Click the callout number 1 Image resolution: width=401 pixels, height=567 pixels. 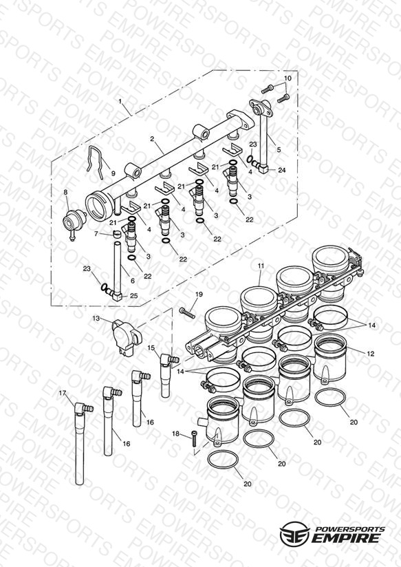[x=120, y=102]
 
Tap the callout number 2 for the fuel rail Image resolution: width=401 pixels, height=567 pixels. [x=152, y=139]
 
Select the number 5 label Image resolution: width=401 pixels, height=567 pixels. [x=279, y=149]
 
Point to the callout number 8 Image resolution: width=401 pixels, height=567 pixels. [x=65, y=193]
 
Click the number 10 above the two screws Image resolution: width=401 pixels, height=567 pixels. [x=288, y=78]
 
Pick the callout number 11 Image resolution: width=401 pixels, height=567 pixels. [x=261, y=266]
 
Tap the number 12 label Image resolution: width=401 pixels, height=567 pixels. [x=371, y=354]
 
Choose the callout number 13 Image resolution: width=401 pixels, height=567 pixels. [x=96, y=318]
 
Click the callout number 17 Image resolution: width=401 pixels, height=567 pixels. [x=63, y=393]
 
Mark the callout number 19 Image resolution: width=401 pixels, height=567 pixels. [x=199, y=295]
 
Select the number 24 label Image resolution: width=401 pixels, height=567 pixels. [x=282, y=170]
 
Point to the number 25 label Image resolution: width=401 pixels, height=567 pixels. [x=134, y=296]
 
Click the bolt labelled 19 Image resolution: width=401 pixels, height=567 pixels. [x=187, y=313]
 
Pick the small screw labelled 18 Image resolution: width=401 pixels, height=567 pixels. [x=195, y=439]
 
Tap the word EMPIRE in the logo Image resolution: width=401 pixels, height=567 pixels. [x=347, y=537]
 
